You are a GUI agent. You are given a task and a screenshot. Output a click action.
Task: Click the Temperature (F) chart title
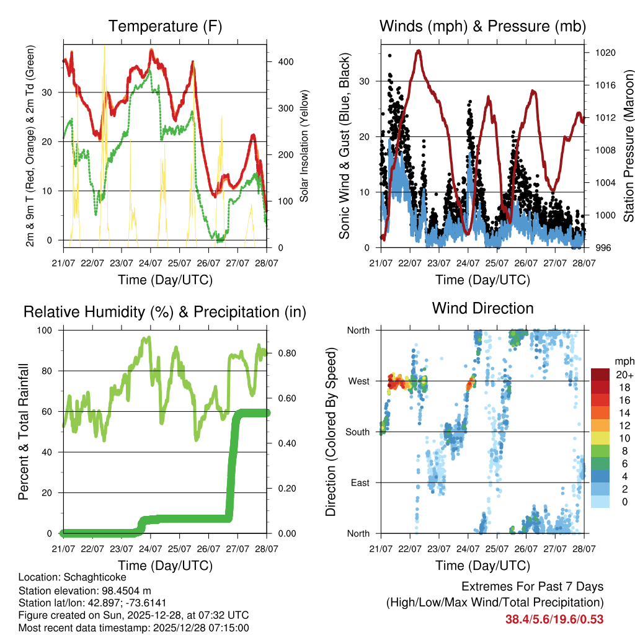pyautogui.click(x=165, y=27)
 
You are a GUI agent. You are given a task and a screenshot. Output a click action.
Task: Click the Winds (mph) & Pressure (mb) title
pyautogui.click(x=482, y=27)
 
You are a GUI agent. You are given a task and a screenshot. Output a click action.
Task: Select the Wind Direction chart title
pyautogui.click(x=482, y=308)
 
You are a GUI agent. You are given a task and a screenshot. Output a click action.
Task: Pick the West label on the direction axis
pyautogui.click(x=359, y=381)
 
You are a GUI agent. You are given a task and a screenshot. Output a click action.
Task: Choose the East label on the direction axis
pyautogui.click(x=360, y=482)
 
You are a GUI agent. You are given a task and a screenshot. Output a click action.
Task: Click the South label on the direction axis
pyautogui.click(x=358, y=432)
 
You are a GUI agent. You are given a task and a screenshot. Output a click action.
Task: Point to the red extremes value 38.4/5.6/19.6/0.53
pyautogui.click(x=554, y=619)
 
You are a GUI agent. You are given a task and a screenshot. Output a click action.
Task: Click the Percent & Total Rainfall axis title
pyautogui.click(x=24, y=431)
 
